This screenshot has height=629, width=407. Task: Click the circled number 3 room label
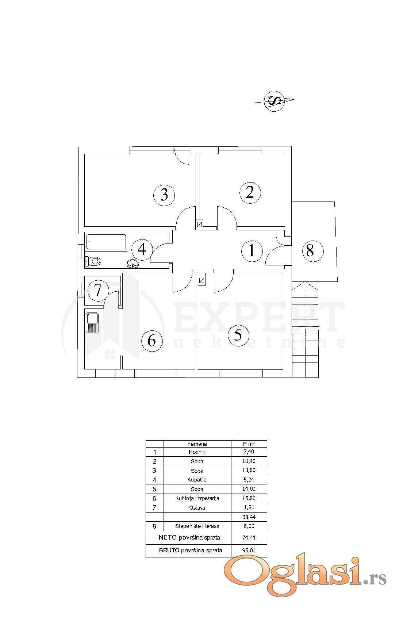[164, 194]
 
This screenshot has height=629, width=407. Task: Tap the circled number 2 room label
[250, 192]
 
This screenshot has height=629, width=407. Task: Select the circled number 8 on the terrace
[310, 251]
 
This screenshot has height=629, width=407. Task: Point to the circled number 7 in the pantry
[98, 290]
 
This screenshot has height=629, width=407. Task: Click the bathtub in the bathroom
[106, 242]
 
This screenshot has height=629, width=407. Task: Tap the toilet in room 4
[93, 261]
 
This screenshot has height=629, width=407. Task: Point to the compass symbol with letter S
[274, 100]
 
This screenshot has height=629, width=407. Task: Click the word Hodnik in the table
[197, 452]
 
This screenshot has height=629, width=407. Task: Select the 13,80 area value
[249, 471]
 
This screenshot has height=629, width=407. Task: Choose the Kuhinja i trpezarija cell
[197, 498]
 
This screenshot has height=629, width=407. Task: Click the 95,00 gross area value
[249, 551]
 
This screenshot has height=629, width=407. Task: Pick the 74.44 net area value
[249, 538]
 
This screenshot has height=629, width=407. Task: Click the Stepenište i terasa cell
[197, 526]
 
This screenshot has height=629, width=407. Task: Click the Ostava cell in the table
[197, 508]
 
